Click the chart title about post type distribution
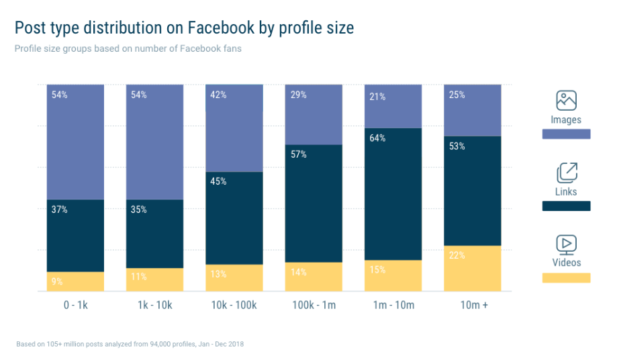184,28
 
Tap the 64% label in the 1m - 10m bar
377,139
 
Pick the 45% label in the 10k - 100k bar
218,181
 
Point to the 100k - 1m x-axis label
314,305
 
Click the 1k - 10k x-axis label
154,305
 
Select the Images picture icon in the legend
566,101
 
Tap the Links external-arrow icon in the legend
566,173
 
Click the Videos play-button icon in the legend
566,244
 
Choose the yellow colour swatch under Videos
566,277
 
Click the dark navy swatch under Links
566,206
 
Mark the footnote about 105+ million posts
130,344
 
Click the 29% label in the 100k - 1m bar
298,95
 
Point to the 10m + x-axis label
472,305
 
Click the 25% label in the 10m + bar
457,95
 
